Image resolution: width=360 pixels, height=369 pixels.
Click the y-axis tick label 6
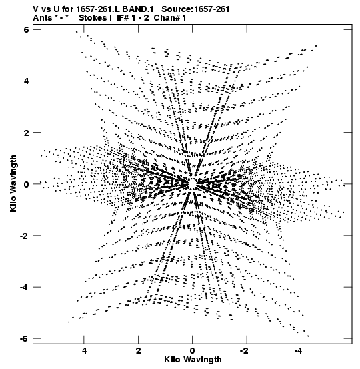26,29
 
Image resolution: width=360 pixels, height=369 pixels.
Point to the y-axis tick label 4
26,81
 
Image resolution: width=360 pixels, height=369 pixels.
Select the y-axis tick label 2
26,133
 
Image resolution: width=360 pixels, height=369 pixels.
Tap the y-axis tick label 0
26,184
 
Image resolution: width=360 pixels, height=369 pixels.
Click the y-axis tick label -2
24,236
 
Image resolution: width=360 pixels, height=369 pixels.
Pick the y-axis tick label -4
24,288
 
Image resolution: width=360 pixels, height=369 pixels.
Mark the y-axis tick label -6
24,339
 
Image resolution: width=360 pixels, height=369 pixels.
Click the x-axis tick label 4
84,351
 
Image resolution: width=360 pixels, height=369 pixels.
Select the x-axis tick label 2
138,351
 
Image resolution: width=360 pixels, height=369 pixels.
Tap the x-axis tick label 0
193,351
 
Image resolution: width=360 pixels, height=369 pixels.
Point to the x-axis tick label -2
245,351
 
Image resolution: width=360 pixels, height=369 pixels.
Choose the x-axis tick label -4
299,351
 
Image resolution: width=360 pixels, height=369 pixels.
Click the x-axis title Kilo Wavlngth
193,360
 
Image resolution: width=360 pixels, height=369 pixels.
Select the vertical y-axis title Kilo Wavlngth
13,183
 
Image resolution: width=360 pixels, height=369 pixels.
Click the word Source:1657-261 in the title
195,9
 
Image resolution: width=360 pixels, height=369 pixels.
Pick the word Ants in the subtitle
42,18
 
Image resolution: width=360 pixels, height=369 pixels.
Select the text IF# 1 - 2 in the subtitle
133,18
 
